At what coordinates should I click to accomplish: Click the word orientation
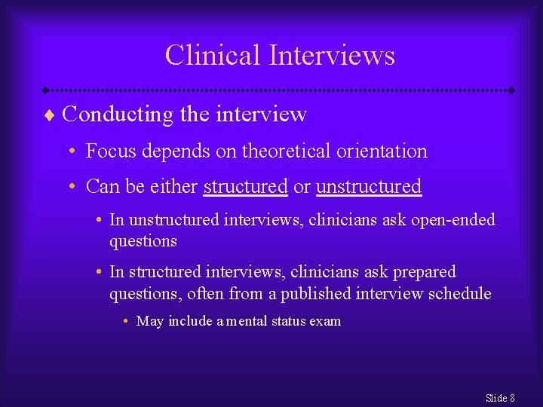tap(385, 151)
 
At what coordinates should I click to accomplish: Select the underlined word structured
tap(245, 186)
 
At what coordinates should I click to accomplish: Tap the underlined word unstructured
tap(368, 186)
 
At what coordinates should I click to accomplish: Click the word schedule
tap(459, 293)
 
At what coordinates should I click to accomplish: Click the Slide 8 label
tap(500, 397)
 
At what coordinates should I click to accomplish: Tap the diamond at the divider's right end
tap(511, 90)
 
